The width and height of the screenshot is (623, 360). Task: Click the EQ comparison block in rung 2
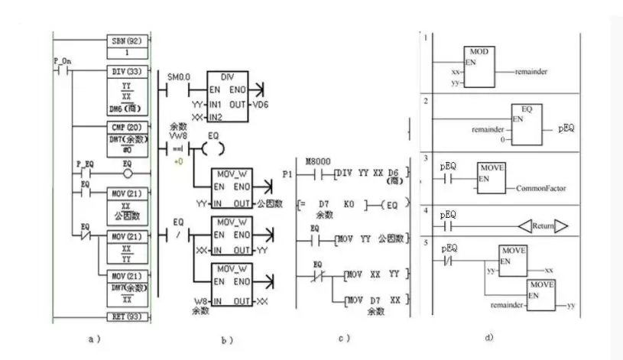pos(527,125)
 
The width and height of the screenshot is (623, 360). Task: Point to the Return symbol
pos(541,226)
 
